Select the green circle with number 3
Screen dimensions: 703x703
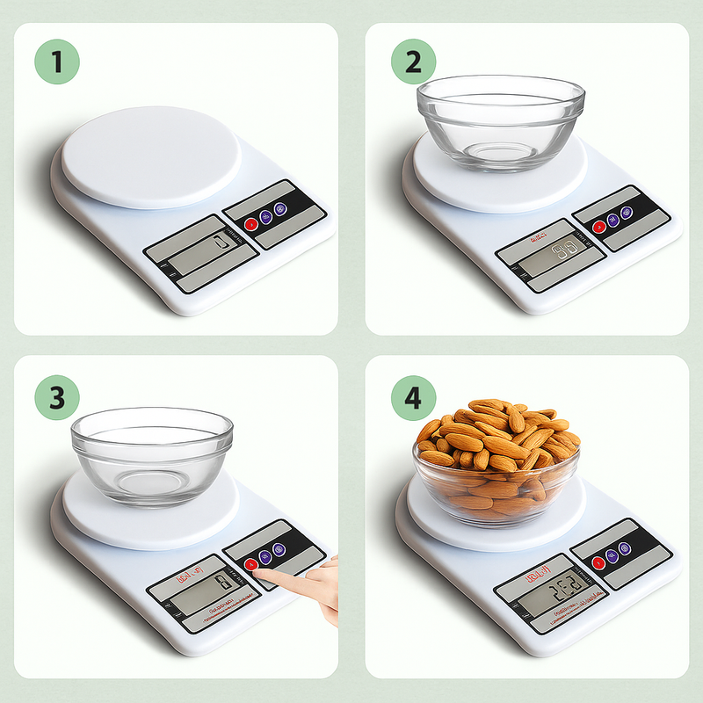pyautogui.click(x=57, y=397)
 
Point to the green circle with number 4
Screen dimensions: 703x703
pyautogui.click(x=414, y=397)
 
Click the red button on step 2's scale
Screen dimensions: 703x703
pyautogui.click(x=599, y=226)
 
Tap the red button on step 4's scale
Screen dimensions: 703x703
pyautogui.click(x=598, y=562)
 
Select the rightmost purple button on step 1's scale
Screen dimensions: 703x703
pyautogui.click(x=279, y=209)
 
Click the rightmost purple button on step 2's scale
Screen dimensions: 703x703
pyautogui.click(x=627, y=213)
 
